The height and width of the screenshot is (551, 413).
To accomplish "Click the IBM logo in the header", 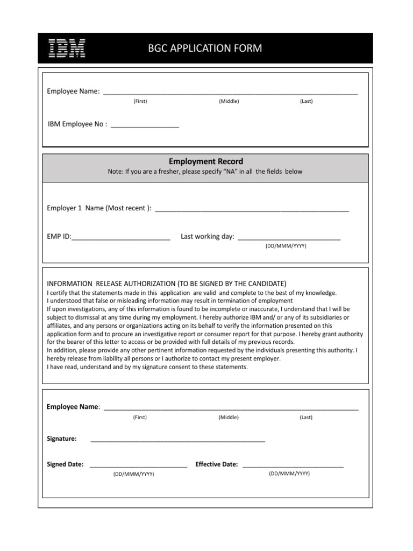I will point(67,48).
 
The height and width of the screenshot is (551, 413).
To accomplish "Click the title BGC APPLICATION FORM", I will point(205,49).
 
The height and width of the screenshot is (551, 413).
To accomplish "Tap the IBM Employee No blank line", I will point(145,126).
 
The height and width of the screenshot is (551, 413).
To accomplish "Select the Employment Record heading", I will point(206,161).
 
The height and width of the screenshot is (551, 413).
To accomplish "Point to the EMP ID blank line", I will point(121,238).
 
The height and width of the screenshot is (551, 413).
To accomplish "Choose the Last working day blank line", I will point(289,238).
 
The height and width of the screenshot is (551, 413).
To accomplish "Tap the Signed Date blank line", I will point(138,465).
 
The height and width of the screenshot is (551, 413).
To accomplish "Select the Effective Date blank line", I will point(293,465).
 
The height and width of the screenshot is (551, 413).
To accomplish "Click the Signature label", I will point(62,439).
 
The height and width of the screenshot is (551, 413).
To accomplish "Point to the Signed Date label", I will point(65,464).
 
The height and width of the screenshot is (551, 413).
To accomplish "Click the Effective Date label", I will point(217,464).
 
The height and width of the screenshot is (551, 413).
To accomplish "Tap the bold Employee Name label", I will point(73,407).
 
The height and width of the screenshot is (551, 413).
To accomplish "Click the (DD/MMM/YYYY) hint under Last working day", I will point(286,246).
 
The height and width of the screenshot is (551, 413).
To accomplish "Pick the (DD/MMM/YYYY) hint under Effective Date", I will point(289,474).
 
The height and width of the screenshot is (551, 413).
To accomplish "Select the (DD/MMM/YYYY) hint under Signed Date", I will point(133,474).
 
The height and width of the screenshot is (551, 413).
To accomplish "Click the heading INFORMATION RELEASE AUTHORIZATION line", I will point(167,284).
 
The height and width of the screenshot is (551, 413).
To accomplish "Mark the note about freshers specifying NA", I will point(205,172).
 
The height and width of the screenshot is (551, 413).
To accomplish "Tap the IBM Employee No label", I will point(77,124).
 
